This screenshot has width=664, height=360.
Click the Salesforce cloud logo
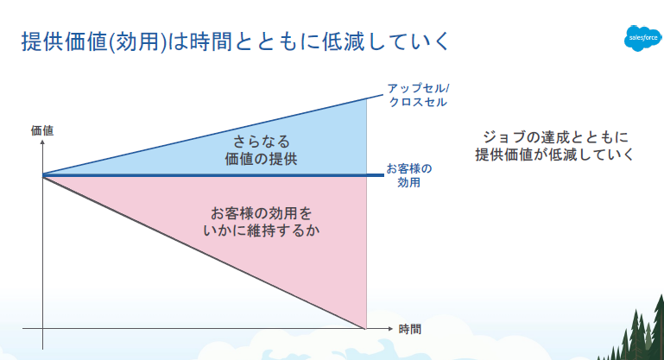pyautogui.click(x=642, y=38)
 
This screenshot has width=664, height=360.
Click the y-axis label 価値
pyautogui.click(x=42, y=130)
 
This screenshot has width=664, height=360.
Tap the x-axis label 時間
pyautogui.click(x=410, y=329)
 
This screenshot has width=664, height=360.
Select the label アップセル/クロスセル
pyautogui.click(x=418, y=95)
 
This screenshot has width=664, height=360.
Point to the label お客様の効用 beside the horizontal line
pyautogui.click(x=408, y=175)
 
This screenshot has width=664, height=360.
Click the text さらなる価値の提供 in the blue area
pyautogui.click(x=261, y=150)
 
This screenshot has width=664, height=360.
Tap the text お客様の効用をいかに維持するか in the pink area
pyautogui.click(x=262, y=222)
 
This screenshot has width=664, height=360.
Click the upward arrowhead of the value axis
pyautogui.click(x=42, y=142)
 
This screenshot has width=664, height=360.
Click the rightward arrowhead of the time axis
pyautogui.click(x=390, y=329)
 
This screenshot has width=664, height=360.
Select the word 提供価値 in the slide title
pyautogui.click(x=65, y=41)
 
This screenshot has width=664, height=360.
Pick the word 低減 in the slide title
pyautogui.click(x=343, y=41)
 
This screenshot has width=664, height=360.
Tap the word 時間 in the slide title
pyautogui.click(x=211, y=41)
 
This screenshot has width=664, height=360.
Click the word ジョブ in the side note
pyautogui.click(x=504, y=136)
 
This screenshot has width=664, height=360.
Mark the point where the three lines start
pyautogui.click(x=43, y=175)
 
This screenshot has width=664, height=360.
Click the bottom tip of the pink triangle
pyautogui.click(x=365, y=328)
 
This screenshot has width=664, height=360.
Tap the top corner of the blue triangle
pyautogui.click(x=367, y=98)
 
